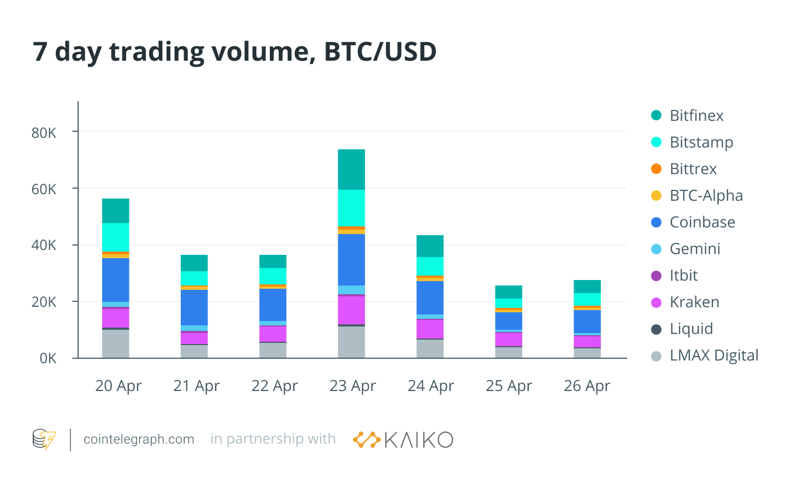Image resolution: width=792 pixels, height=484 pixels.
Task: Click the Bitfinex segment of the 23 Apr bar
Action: (x=351, y=170)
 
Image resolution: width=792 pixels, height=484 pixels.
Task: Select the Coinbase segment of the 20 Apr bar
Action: (x=116, y=279)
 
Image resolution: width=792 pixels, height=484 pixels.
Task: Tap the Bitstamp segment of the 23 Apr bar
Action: (x=351, y=208)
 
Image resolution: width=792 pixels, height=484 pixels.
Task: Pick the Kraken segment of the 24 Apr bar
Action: (x=430, y=329)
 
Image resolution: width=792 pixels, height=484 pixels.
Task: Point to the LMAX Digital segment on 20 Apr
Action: (x=116, y=343)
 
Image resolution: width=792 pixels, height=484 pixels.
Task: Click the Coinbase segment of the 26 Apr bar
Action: (x=587, y=322)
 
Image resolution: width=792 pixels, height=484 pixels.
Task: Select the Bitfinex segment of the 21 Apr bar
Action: (x=194, y=263)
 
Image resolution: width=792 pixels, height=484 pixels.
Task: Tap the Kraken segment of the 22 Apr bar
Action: (x=273, y=334)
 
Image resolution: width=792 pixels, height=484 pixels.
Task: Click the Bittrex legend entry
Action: (x=693, y=169)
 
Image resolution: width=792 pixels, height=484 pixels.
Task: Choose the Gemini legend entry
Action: (x=694, y=249)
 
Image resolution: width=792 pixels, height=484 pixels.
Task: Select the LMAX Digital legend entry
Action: (x=713, y=355)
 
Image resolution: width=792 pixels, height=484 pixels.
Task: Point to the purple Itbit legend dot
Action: (x=657, y=276)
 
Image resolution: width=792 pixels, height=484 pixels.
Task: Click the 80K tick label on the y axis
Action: (x=44, y=133)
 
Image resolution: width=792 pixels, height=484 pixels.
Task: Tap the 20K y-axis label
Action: (x=44, y=302)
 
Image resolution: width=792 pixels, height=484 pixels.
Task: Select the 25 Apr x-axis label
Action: (x=509, y=386)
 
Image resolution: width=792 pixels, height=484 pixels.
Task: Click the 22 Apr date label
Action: (x=274, y=386)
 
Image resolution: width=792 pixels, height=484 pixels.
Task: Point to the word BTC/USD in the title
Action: (x=380, y=52)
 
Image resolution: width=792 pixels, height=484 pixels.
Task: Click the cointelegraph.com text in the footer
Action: (x=139, y=439)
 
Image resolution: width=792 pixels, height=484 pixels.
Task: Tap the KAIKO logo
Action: (x=403, y=440)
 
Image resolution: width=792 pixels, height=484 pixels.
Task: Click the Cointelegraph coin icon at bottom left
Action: (x=44, y=439)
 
